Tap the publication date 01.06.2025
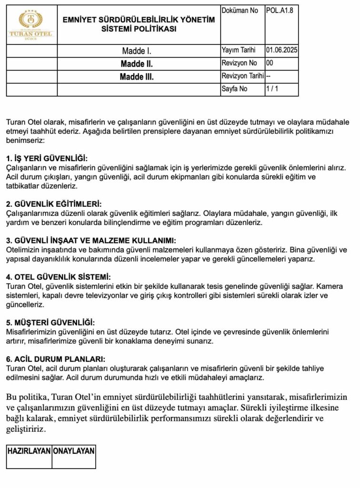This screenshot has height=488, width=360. point(282,50)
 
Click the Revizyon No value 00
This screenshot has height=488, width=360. point(270,63)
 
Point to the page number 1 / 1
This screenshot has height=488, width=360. point(272,89)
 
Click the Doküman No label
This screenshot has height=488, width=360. point(240,10)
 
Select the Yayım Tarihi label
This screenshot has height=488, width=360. point(239,50)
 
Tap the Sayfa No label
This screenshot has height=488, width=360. point(234,89)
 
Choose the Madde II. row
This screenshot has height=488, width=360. point(137,63)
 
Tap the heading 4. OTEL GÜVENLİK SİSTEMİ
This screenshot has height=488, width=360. point(59,277)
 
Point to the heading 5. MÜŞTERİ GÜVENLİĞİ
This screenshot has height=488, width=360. point(50,322)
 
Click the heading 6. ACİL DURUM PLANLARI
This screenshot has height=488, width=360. point(55,359)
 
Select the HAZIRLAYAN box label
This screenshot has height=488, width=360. point(29,450)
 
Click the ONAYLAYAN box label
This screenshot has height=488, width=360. point(74,450)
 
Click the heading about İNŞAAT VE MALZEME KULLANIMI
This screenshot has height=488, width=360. point(91,241)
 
